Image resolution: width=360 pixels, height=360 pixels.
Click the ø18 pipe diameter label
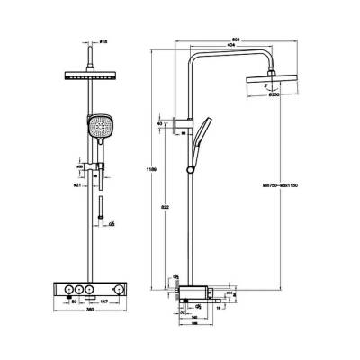click(103, 43)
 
